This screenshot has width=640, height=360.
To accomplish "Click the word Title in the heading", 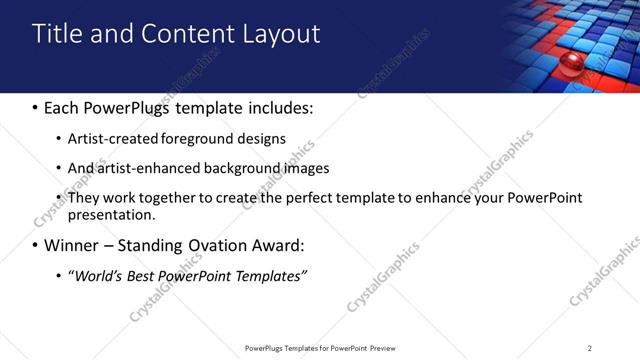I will tap(57, 34).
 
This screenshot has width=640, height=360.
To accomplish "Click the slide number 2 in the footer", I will tap(590, 348).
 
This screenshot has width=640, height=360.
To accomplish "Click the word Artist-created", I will tap(112, 138).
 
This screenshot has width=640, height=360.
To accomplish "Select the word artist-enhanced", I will tap(145, 168).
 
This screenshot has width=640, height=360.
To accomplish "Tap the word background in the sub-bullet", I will tap(234, 168).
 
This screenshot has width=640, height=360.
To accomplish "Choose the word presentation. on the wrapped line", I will tap(111, 214).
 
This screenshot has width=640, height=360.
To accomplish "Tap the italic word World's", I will tap(96, 276).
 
